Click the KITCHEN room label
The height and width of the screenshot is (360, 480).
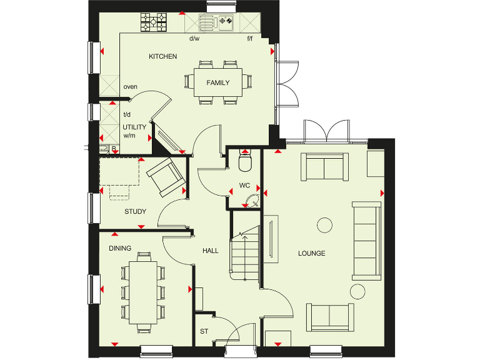coord(162,57)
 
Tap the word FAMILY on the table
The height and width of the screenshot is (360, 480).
coord(217,82)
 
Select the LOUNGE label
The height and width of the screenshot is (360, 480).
coord(311,253)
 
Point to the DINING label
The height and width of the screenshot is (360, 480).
coord(120,248)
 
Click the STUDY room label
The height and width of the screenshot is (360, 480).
coord(135,212)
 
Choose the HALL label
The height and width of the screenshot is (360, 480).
coord(210,251)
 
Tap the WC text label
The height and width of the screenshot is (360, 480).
coord(244,186)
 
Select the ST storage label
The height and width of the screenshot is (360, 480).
coord(204,331)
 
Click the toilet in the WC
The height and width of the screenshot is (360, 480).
coord(245,163)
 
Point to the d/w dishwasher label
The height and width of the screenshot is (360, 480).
coord(194,39)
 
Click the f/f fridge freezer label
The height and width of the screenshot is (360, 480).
coord(249,39)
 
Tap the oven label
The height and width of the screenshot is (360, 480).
coord(130,87)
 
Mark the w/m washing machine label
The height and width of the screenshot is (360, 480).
coord(129,135)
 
